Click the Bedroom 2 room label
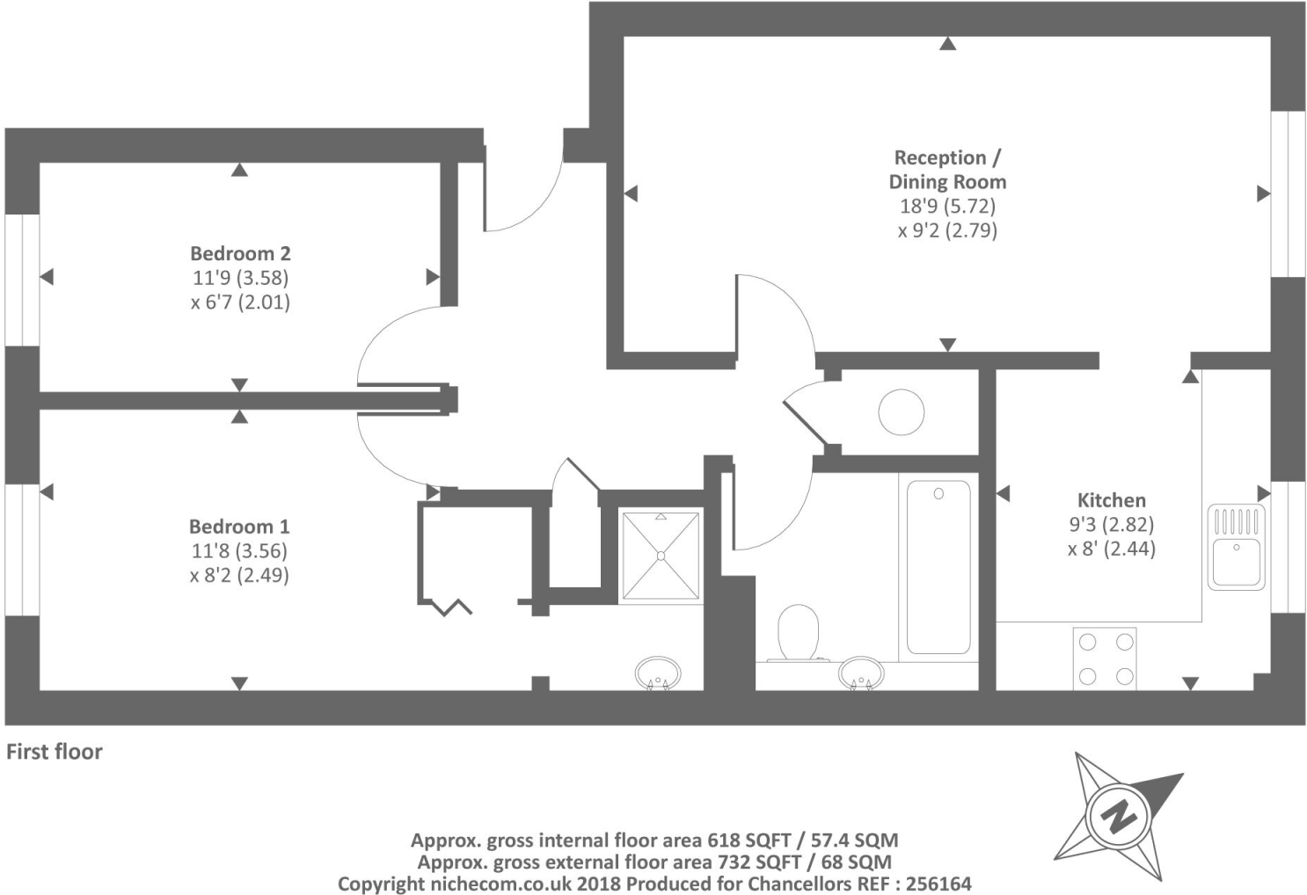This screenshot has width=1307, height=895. pyautogui.click(x=240, y=253)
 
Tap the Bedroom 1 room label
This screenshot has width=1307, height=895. pyautogui.click(x=239, y=527)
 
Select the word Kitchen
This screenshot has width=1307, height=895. pyautogui.click(x=1112, y=500)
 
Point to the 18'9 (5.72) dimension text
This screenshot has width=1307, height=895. pyautogui.click(x=947, y=206)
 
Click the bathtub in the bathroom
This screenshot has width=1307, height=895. pyautogui.click(x=938, y=566)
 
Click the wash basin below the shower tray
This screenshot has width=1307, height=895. pyautogui.click(x=657, y=673)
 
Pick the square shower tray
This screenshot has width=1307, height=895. pyautogui.click(x=661, y=556)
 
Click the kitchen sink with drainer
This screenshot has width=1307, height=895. pyautogui.click(x=1236, y=547)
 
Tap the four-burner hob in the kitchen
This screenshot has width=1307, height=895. pyautogui.click(x=1105, y=659)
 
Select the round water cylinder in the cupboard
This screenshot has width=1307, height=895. pyautogui.click(x=902, y=411)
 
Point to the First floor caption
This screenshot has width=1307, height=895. pyautogui.click(x=55, y=752)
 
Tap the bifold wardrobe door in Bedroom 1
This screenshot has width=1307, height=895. pyautogui.click(x=452, y=607)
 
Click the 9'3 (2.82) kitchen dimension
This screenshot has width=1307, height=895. pyautogui.click(x=1112, y=525)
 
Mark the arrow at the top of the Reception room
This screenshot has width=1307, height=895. pyautogui.click(x=947, y=44)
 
